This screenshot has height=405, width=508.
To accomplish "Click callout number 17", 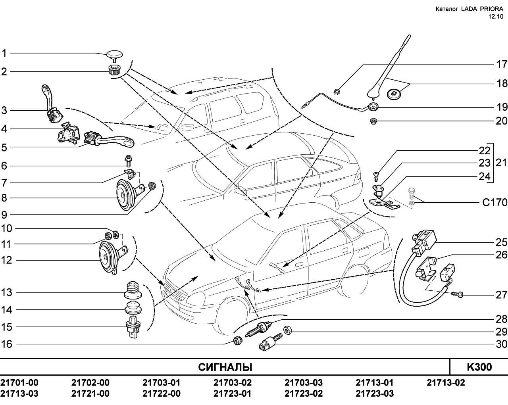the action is coord(501,64).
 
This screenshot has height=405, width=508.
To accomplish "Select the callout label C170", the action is coord(495,202).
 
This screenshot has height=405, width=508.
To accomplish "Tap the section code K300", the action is coord(479,367).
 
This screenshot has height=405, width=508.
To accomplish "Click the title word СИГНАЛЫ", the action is coord(225,367).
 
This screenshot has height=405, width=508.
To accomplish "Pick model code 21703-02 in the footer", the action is coord(233,382).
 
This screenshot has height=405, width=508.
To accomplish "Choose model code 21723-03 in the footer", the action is coord(375,393).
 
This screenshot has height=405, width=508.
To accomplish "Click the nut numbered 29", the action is coord(287,330).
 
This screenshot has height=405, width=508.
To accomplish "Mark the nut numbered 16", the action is coord(237,341).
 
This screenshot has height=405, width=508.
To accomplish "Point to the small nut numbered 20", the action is coord(373,121).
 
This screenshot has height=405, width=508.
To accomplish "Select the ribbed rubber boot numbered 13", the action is coord(133,290).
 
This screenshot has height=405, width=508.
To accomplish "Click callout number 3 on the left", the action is coord(4,110).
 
